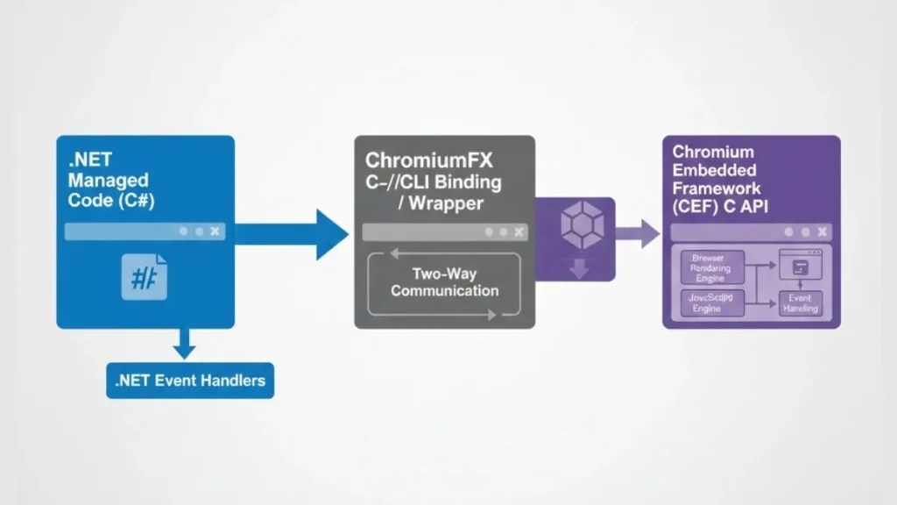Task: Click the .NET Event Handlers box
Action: [x=190, y=381]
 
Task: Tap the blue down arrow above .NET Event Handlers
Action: [x=184, y=344]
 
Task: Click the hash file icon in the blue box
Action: [x=145, y=277]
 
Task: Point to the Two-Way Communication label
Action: [x=444, y=282]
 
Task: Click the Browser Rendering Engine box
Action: [x=711, y=268]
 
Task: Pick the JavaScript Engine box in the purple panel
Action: [x=711, y=303]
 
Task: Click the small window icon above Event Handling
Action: [x=801, y=267]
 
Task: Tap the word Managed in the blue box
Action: [x=108, y=180]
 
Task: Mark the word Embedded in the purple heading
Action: [x=714, y=169]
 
